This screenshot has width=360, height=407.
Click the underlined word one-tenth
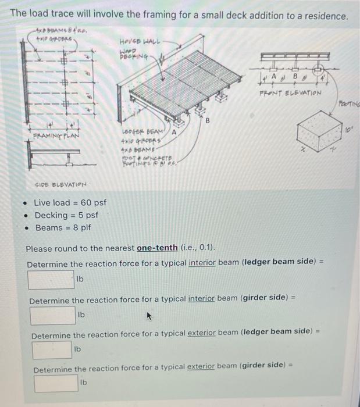[157, 248]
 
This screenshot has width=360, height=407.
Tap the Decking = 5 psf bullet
[66, 215]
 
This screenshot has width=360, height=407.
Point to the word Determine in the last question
[53, 369]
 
